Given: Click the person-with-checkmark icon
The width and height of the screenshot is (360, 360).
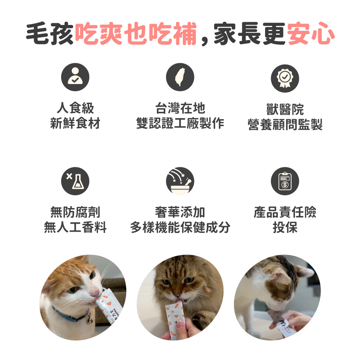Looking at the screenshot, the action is point(75,77).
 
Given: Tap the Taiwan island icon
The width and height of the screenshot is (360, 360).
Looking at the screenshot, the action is point(180,77).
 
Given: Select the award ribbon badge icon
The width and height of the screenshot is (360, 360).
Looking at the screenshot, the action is point(285,78).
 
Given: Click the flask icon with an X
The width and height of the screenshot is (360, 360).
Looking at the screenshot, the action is point(75,181).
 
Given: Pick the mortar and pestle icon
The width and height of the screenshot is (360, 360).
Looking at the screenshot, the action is point(180,181).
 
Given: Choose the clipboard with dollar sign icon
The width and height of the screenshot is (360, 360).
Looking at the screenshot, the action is point(285,181).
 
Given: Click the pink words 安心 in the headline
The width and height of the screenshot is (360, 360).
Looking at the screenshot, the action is point(311,33).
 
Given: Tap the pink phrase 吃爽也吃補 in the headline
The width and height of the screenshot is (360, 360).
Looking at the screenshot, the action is point(136,33).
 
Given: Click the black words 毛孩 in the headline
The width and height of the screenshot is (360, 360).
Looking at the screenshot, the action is point(50,33).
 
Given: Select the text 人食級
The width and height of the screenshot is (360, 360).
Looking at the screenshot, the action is point(75,108).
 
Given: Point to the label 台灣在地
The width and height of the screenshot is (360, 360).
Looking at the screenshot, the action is point(180,108).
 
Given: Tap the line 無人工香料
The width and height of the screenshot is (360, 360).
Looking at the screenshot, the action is point(75,227).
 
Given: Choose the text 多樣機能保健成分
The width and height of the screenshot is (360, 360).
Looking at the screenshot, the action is point(180,227).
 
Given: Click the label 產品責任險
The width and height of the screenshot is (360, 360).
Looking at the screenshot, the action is point(285,212).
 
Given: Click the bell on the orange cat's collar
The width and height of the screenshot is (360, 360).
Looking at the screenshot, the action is point(90,320).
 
